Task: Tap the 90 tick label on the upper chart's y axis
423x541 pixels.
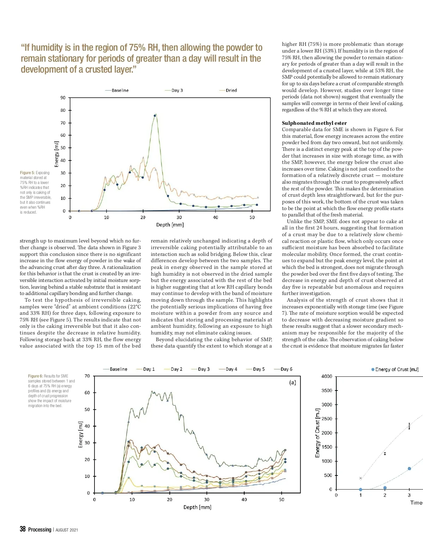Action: pos(63,98)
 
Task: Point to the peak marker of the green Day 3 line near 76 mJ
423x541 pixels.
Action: pos(154,116)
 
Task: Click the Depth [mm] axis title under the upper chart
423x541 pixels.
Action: pos(170,225)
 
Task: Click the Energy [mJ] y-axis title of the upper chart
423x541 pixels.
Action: pos(57,154)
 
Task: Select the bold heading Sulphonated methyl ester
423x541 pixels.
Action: pos(314,123)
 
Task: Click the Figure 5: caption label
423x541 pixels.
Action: pos(27,173)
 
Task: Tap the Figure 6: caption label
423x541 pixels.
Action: pos(35,376)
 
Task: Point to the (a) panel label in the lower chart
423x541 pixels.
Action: pos(293,382)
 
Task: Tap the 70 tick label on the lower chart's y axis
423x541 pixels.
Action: pos(87,376)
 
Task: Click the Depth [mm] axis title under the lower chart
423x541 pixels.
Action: pos(197,507)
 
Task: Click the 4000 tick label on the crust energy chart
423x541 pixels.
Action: pos(327,376)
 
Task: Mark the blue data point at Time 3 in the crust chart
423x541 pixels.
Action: pos(409,469)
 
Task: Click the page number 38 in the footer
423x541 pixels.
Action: pos(23,529)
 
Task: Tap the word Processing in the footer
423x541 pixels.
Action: pos(39,530)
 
